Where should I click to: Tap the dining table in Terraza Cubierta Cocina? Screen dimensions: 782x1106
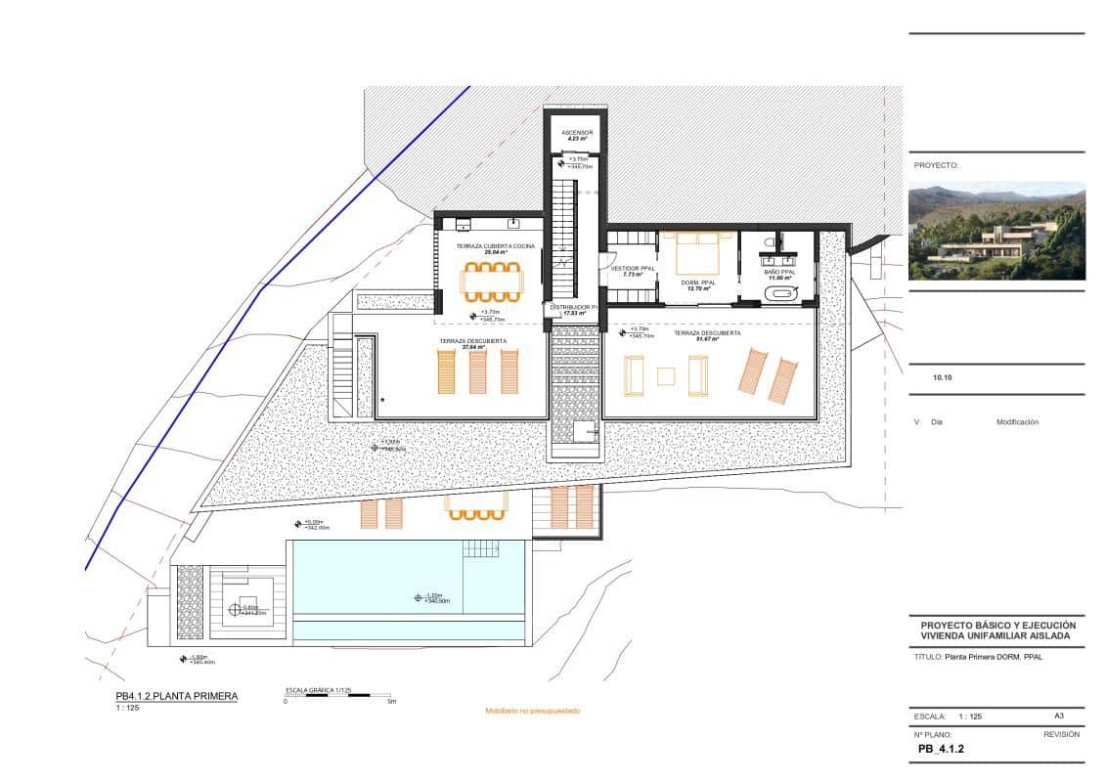coord(492,282)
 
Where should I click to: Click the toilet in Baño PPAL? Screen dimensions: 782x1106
coord(773,241)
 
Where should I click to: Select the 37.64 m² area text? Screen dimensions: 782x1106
coord(472,347)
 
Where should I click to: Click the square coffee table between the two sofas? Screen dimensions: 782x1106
coord(666,375)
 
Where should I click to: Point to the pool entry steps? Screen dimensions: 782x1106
coord(481,548)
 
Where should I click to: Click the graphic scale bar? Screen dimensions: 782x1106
coord(337,694)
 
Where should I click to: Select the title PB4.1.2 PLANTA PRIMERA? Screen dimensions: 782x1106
coord(176,696)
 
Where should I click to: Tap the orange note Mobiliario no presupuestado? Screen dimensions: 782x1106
coord(533,711)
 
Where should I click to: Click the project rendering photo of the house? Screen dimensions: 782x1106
coord(995,231)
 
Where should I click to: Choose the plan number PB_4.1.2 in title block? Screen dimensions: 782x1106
coord(941,750)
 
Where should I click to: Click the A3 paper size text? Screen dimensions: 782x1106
coord(1059,716)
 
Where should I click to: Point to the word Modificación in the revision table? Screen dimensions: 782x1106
coord(1017,422)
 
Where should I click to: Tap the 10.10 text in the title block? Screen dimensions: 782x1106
coord(943,375)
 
